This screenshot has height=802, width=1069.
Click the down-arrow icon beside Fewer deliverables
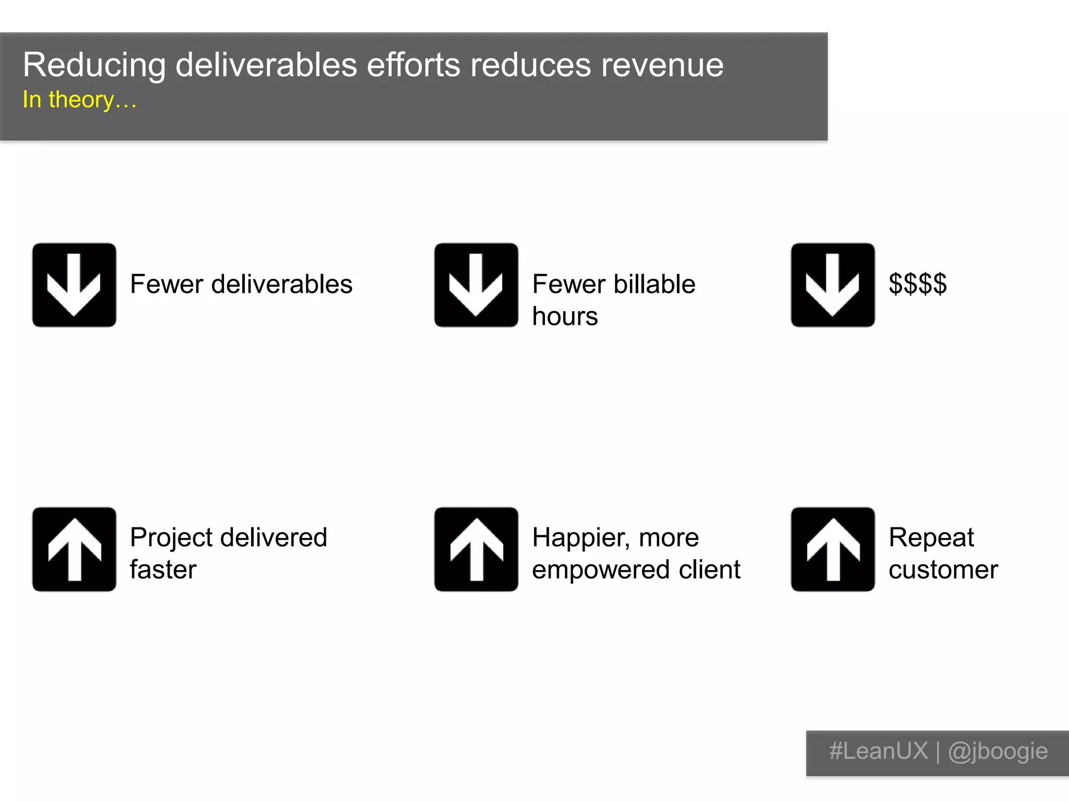(74, 285)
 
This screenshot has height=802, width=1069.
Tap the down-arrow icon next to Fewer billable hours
(476, 285)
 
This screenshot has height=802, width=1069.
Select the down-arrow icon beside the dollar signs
(833, 285)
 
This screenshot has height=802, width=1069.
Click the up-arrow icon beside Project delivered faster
(74, 549)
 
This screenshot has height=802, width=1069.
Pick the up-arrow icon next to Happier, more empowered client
(476, 549)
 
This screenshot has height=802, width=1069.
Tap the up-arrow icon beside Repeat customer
(833, 549)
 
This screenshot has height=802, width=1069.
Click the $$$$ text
(918, 285)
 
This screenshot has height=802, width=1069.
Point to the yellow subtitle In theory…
(79, 100)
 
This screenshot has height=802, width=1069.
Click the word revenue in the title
(662, 66)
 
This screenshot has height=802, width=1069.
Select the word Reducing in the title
(94, 66)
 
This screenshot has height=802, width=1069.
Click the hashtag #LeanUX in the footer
(878, 751)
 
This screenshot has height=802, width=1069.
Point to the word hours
(565, 316)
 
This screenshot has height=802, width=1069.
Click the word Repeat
(931, 538)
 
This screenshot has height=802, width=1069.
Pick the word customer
(943, 570)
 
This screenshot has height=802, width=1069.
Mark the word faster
(163, 570)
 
